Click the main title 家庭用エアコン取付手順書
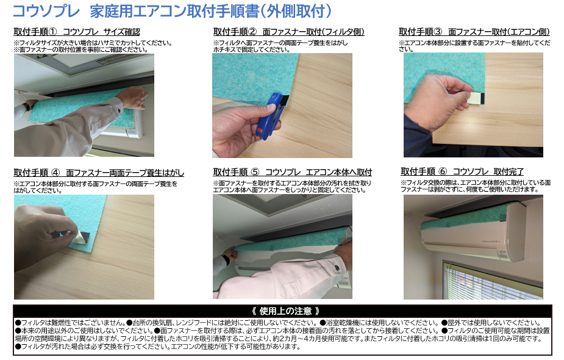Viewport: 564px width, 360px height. [x=174, y=11]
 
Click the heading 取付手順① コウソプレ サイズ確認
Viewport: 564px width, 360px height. [x=77, y=32]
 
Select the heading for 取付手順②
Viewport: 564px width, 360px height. [x=288, y=32]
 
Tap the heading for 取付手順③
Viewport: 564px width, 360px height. [x=474, y=32]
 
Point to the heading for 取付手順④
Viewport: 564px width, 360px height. [x=99, y=173]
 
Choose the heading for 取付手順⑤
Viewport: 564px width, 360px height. [x=293, y=172]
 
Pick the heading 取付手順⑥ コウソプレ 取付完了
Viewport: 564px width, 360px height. [x=462, y=171]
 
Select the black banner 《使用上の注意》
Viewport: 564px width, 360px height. [x=282, y=311]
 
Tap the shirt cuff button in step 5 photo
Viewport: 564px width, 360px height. [x=337, y=268]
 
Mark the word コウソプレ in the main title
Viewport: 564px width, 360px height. [x=46, y=11]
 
